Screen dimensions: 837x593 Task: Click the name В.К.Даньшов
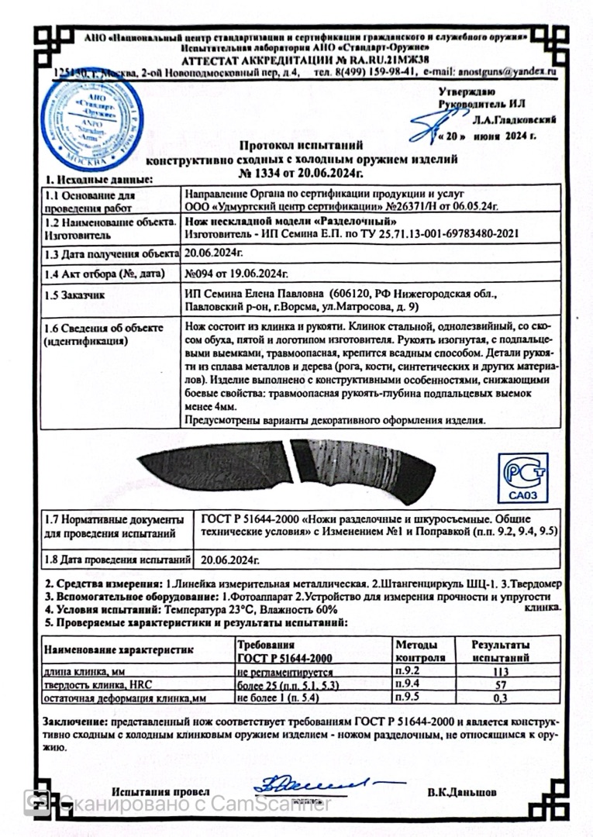pyautogui.click(x=462, y=793)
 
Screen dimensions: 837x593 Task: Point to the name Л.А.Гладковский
pyautogui.click(x=512, y=121)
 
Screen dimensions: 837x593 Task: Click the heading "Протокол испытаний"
pyautogui.click(x=302, y=145)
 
